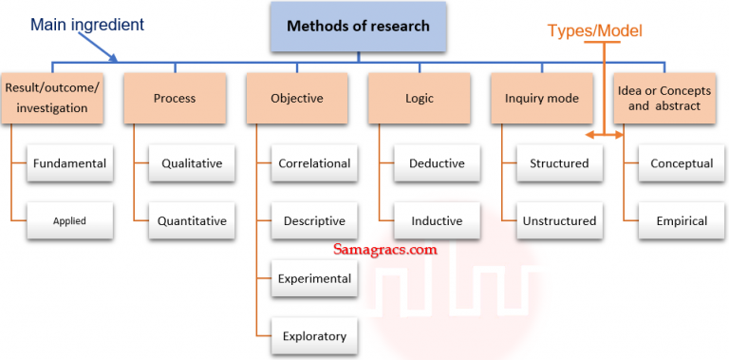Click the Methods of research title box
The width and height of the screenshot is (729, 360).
(357, 27)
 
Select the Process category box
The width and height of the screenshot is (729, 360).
(174, 99)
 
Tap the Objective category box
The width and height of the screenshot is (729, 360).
(297, 99)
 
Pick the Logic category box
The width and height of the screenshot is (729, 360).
(419, 99)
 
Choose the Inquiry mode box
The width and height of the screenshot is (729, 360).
(541, 99)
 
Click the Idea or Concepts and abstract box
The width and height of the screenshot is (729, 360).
(664, 99)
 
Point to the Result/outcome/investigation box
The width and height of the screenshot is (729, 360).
(52, 99)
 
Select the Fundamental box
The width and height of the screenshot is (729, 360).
(69, 163)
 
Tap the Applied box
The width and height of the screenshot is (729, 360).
(69, 221)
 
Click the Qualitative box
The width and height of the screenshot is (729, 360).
(192, 163)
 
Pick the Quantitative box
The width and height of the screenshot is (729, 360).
(192, 221)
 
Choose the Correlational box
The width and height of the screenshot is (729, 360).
(314, 163)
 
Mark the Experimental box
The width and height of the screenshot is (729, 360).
(314, 279)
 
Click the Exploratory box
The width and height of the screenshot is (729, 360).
(314, 336)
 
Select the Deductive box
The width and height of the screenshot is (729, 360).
(437, 163)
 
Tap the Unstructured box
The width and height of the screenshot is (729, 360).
(559, 221)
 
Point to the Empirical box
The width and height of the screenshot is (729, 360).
(682, 221)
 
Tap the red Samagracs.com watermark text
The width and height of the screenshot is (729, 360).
(385, 251)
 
